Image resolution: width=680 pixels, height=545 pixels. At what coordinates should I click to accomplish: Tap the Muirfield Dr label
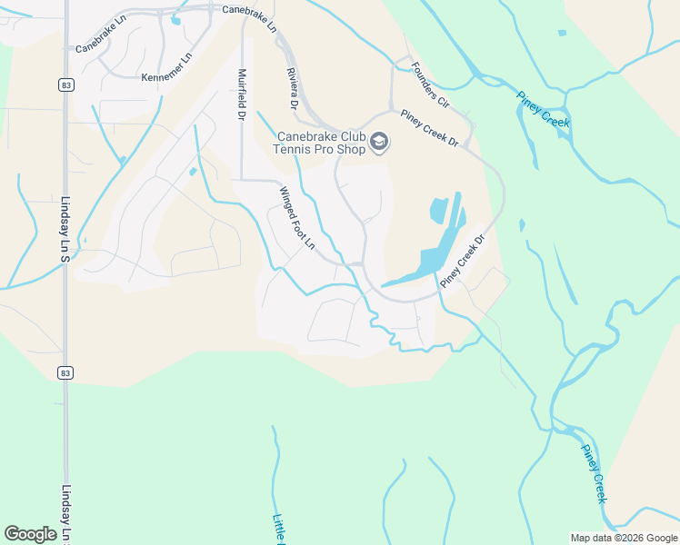[x=242, y=94]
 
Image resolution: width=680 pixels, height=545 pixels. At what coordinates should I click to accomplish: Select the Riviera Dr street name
[x=292, y=88]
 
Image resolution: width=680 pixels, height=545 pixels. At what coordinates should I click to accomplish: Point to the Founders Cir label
[x=430, y=84]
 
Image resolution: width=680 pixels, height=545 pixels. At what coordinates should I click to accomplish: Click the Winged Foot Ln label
[x=296, y=219]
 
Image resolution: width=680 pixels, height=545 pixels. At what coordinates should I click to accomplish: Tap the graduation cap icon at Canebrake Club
[x=379, y=143]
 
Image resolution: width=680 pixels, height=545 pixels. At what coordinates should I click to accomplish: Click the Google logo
[x=30, y=534]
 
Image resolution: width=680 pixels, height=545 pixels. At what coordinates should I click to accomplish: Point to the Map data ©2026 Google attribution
[x=624, y=538]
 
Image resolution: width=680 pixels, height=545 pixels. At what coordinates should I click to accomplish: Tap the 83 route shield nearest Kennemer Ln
[x=65, y=84]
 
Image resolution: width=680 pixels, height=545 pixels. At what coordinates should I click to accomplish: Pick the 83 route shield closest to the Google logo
[x=65, y=372]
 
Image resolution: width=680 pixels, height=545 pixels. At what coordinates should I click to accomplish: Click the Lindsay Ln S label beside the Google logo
[x=65, y=513]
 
